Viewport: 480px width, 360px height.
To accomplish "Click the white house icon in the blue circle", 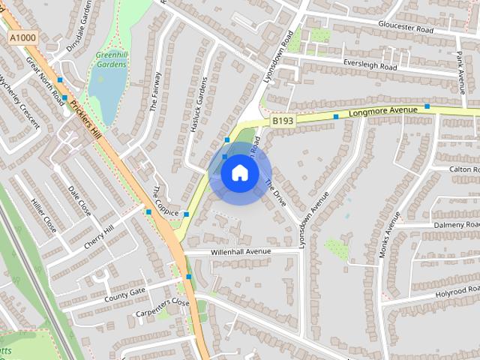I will coord(239,173).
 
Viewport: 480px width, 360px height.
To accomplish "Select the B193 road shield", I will coord(283,120).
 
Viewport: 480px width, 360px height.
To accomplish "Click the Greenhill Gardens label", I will coord(111,59).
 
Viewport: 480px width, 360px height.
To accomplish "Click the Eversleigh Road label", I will coord(369,66).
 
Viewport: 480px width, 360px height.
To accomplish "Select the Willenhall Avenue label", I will coord(240,251).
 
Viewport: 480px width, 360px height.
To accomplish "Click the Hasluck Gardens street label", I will coord(199,105).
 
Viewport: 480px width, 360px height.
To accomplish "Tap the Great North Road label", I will coord(45,78).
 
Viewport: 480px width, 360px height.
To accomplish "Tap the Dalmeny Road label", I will coord(454,224).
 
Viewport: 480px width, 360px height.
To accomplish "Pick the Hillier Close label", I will coord(44,214).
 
